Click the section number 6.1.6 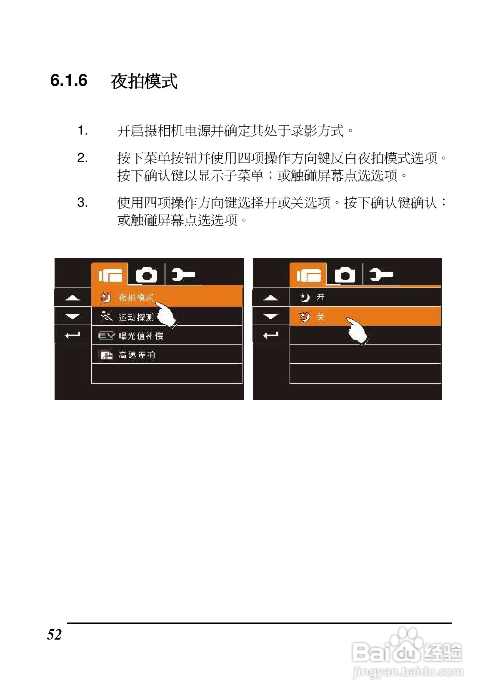click(x=69, y=80)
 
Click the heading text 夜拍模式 click(x=144, y=81)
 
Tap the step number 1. click(x=82, y=131)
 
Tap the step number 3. click(x=82, y=203)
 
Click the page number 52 click(x=55, y=635)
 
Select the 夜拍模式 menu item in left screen click(x=136, y=297)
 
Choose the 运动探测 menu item click(x=136, y=317)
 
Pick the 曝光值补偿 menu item click(x=140, y=336)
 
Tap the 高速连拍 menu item click(x=137, y=355)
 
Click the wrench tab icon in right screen click(x=381, y=275)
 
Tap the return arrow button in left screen click(x=72, y=335)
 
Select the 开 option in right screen click(x=320, y=297)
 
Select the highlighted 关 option click(x=320, y=317)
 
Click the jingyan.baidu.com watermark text click(x=408, y=672)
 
